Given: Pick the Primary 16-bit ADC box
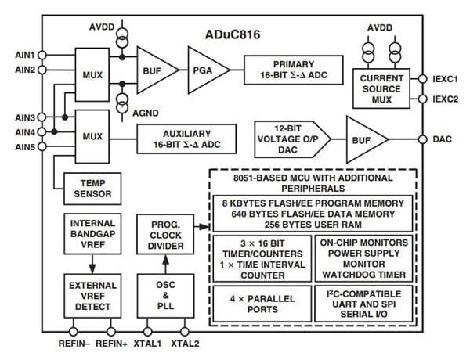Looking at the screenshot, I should (x=294, y=68).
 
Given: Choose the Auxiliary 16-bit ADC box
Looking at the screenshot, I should (x=187, y=139).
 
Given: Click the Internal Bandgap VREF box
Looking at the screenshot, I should (x=92, y=236).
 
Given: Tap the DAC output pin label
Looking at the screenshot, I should (x=443, y=138).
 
